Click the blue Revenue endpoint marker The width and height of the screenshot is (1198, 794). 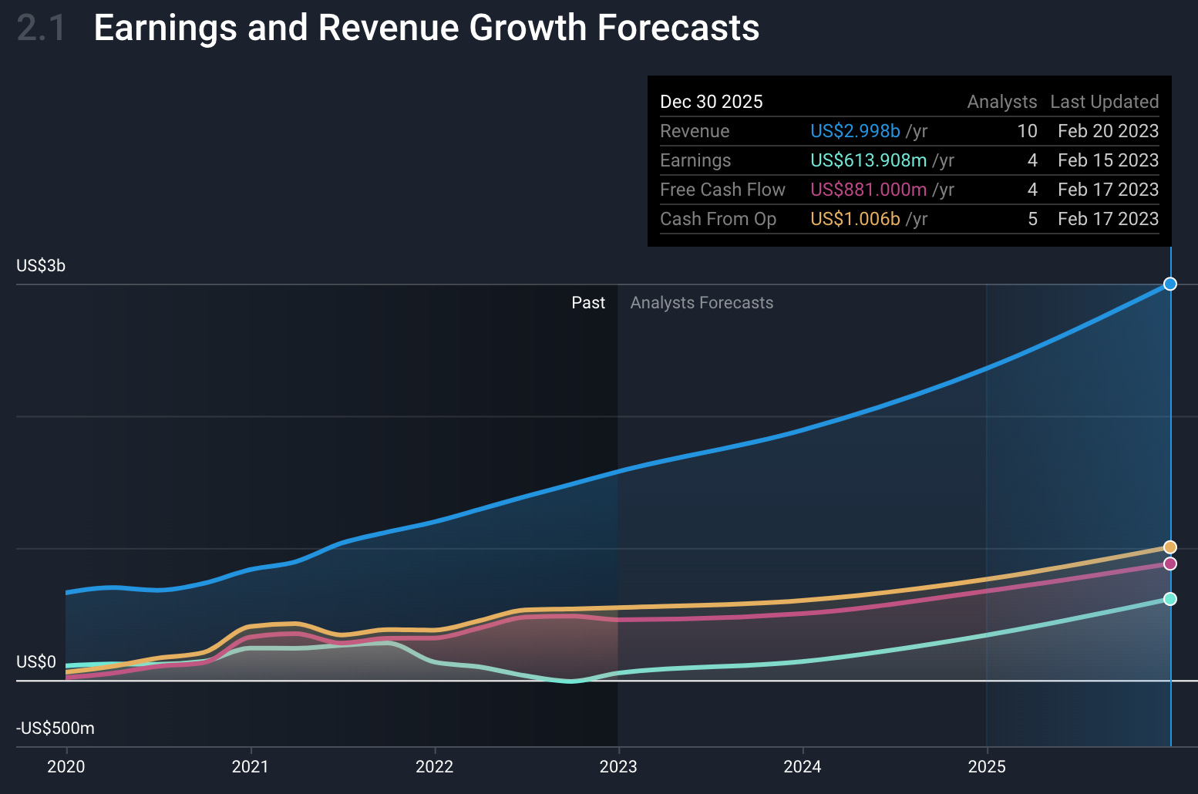coord(1169,284)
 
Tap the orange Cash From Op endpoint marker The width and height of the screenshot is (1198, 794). coord(1169,547)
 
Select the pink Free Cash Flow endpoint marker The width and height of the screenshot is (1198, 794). coord(1169,564)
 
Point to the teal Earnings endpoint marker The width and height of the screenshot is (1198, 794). coord(1169,599)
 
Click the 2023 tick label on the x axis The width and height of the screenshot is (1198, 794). coord(618,766)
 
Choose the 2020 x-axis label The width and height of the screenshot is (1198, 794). coord(66,766)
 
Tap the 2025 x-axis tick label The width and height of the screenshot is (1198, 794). coord(987,766)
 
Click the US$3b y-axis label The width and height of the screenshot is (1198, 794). coord(41,266)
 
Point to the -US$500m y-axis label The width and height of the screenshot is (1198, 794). coord(56,728)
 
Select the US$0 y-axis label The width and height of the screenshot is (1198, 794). coord(36,662)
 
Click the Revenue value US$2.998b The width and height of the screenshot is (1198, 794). coord(855,131)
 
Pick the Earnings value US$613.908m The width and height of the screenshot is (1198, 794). coord(868,160)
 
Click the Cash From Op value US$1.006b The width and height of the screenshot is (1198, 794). coord(855,219)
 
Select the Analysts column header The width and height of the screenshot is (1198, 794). coord(1001,102)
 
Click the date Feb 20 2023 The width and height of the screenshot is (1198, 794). coord(1108,131)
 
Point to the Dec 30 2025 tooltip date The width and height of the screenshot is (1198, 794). coord(711,102)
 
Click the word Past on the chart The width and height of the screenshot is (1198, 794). coord(588,303)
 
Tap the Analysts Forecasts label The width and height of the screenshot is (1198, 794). coord(702,303)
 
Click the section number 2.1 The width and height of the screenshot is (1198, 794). coord(42,29)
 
